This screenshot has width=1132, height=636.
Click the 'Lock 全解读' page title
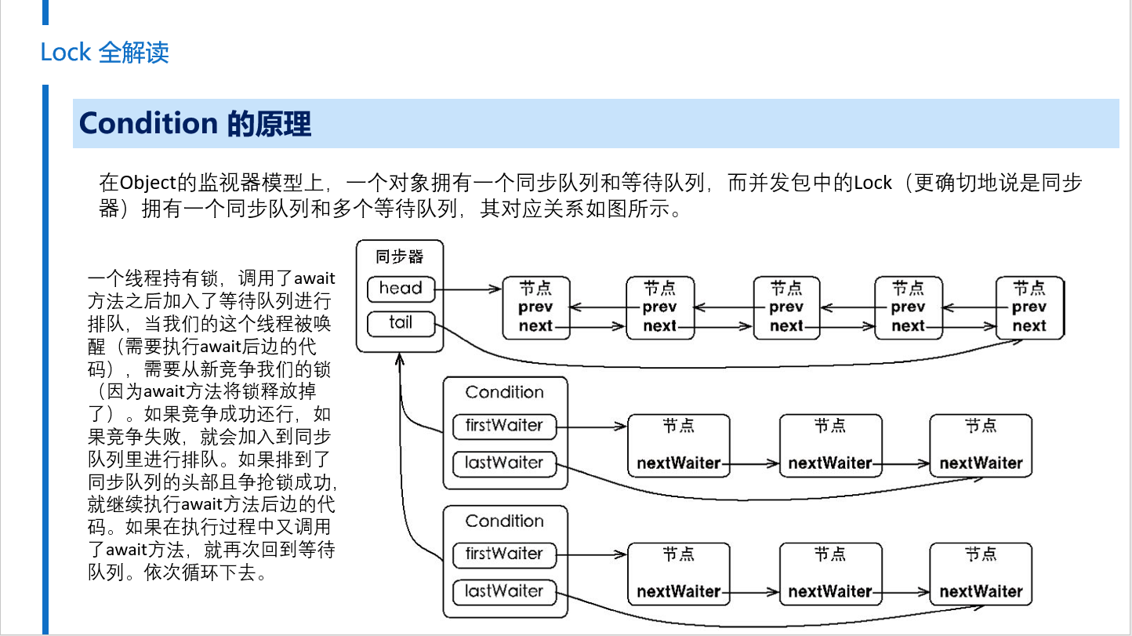pos(104,53)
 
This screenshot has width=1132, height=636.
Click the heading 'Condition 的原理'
pos(195,123)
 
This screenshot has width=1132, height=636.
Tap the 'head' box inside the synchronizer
pos(401,289)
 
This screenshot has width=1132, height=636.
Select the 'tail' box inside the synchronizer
pos(401,323)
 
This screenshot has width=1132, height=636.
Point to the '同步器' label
pos(399,256)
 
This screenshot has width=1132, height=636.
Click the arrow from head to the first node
pos(468,289)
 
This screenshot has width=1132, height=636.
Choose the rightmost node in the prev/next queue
pos(1030,307)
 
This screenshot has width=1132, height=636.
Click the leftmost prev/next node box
pos(536,307)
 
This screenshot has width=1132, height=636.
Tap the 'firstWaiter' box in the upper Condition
pos(504,426)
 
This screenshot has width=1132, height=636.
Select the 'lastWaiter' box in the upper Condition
pos(504,463)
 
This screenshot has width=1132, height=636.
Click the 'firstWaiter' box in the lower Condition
pos(504,554)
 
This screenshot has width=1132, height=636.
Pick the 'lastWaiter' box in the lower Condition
pos(504,592)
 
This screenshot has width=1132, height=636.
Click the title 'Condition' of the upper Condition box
pos(504,392)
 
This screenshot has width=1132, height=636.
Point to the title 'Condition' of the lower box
pos(504,522)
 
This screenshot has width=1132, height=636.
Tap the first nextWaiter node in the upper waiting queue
pos(679,445)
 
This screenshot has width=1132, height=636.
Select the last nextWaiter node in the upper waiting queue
pos(981,445)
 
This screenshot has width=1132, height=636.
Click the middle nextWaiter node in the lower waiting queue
pos(830,574)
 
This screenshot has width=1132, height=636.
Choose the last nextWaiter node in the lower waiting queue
pos(981,574)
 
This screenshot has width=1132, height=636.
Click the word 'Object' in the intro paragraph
pos(147,183)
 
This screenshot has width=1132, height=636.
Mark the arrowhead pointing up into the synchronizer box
pos(399,358)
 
